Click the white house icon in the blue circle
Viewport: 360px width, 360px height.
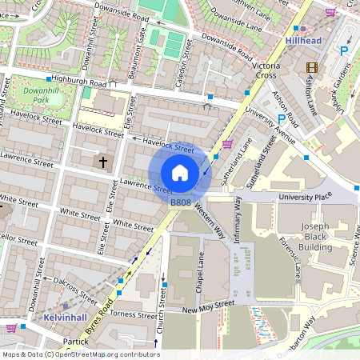coord(180,173)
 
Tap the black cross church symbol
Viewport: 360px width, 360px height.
coord(102,162)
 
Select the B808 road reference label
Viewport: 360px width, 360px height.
coord(180,203)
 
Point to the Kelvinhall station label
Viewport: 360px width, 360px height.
coord(66,318)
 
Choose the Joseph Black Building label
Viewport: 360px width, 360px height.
coord(316,237)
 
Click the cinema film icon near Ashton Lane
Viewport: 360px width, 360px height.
coord(311,69)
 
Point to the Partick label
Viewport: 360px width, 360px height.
coord(76,342)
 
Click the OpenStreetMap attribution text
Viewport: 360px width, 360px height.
coord(80,354)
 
